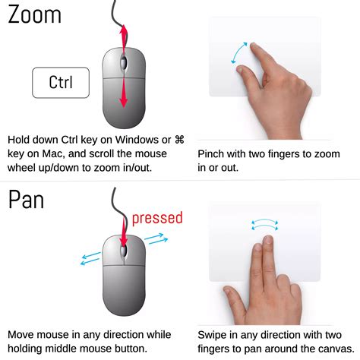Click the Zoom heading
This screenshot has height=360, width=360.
[34, 14]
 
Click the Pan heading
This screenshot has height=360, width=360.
[27, 200]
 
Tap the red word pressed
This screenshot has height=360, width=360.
[157, 218]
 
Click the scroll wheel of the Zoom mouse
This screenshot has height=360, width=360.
[124, 63]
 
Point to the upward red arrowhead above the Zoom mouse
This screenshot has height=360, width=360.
[124, 31]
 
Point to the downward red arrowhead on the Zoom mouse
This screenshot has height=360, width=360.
[124, 101]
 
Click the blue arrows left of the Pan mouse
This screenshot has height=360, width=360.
[90, 258]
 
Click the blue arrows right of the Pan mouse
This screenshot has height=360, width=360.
[156, 238]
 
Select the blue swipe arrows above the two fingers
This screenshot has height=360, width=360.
[265, 225]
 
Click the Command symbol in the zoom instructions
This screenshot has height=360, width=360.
[179, 140]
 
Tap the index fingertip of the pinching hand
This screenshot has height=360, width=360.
[254, 46]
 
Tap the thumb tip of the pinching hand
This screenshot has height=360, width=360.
[239, 68]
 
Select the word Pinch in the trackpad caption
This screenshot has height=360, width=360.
[210, 154]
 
